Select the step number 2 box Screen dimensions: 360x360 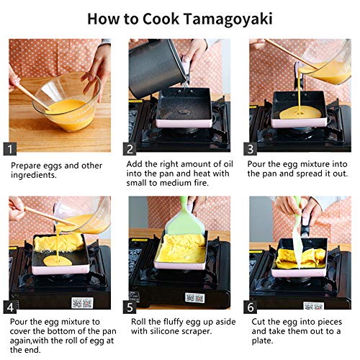click(x=130, y=149)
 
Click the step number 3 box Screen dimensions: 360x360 click(x=251, y=149)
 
